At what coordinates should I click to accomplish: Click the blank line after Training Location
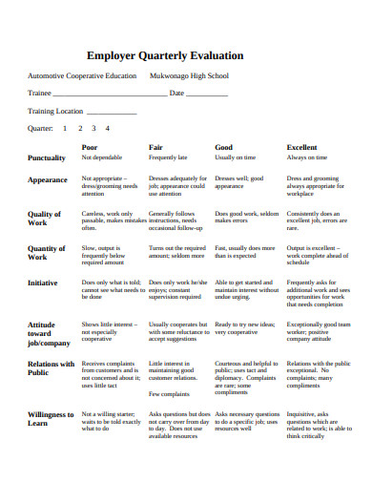(x=113, y=112)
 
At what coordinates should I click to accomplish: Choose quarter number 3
(x=93, y=127)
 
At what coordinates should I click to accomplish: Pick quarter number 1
(x=65, y=127)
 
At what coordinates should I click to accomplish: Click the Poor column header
(x=90, y=147)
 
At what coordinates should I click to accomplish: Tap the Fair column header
(x=155, y=147)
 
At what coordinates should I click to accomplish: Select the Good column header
(x=224, y=147)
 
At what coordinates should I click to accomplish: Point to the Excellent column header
(x=302, y=147)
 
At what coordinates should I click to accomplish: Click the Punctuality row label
(x=47, y=157)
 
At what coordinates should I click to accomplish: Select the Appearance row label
(x=48, y=179)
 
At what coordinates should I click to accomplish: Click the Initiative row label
(x=43, y=283)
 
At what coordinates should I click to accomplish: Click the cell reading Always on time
(x=307, y=157)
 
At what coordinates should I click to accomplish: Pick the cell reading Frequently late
(x=168, y=157)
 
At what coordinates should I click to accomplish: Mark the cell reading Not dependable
(x=102, y=157)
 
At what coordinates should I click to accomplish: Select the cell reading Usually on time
(x=235, y=157)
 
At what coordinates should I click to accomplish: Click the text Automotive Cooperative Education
(x=82, y=76)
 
